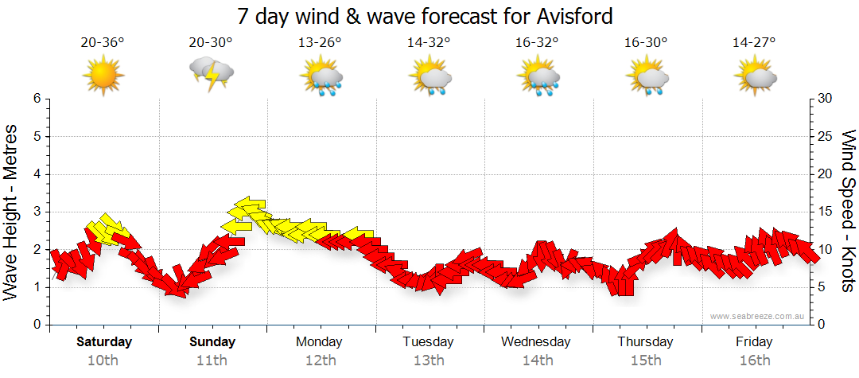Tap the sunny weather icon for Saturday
pyautogui.click(x=103, y=76)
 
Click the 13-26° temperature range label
pyautogui.click(x=321, y=43)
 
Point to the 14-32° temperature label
pyautogui.click(x=429, y=43)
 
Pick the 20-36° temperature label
pyautogui.click(x=103, y=43)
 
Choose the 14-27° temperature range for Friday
pyautogui.click(x=754, y=43)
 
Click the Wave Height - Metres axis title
pyautogui.click(x=13, y=212)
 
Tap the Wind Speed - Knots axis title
pyautogui.click(x=848, y=212)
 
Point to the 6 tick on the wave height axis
pyautogui.click(x=36, y=99)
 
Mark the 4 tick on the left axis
pyautogui.click(x=36, y=174)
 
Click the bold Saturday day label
pyautogui.click(x=104, y=342)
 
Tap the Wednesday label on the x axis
pyautogui.click(x=536, y=342)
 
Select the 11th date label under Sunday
pyautogui.click(x=212, y=360)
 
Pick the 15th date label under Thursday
pyautogui.click(x=646, y=360)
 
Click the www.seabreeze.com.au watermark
pyautogui.click(x=760, y=316)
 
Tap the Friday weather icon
pyautogui.click(x=755, y=76)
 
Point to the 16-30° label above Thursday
pyautogui.click(x=646, y=43)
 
